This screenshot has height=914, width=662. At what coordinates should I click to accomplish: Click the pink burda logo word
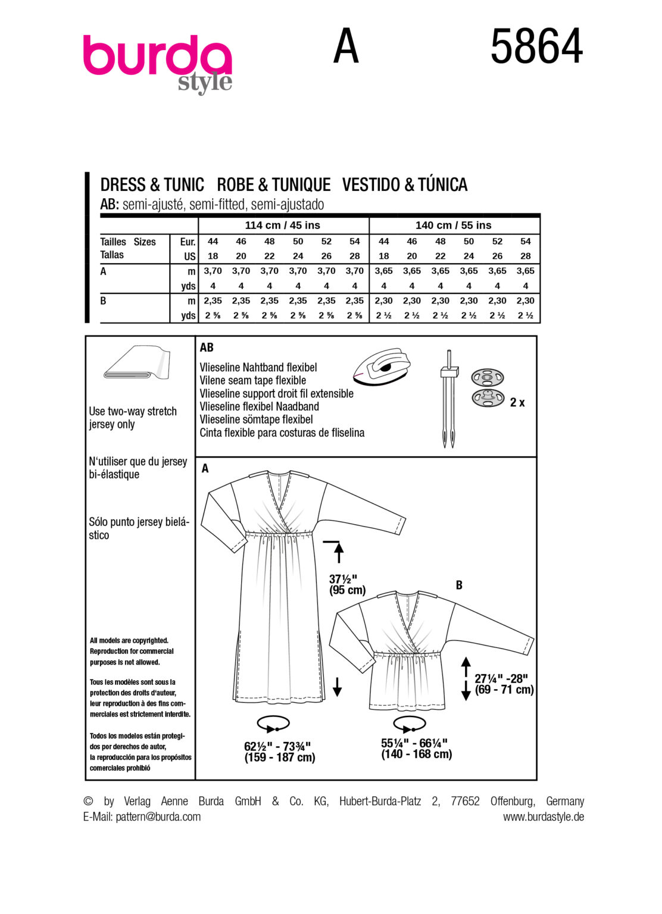pos(157,57)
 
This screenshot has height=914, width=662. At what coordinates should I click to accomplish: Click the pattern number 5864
pos(536,48)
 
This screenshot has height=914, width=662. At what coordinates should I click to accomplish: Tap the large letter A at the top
pos(346,47)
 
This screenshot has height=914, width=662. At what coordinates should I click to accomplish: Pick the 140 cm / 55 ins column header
pos(453,226)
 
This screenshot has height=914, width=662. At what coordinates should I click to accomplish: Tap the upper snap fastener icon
pos(488,377)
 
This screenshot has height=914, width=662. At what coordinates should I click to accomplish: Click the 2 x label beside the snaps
pos(517,403)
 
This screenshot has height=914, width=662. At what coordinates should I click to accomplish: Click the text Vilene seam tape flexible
pos(253,381)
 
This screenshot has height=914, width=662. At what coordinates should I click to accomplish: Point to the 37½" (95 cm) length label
pos(347,584)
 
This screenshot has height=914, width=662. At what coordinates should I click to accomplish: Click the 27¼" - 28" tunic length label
pos(504,684)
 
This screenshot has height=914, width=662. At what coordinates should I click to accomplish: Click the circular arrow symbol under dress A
pos(273,725)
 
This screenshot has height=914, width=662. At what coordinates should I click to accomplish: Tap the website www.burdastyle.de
pos(543,816)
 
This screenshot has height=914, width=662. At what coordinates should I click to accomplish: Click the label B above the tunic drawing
pos(459,586)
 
